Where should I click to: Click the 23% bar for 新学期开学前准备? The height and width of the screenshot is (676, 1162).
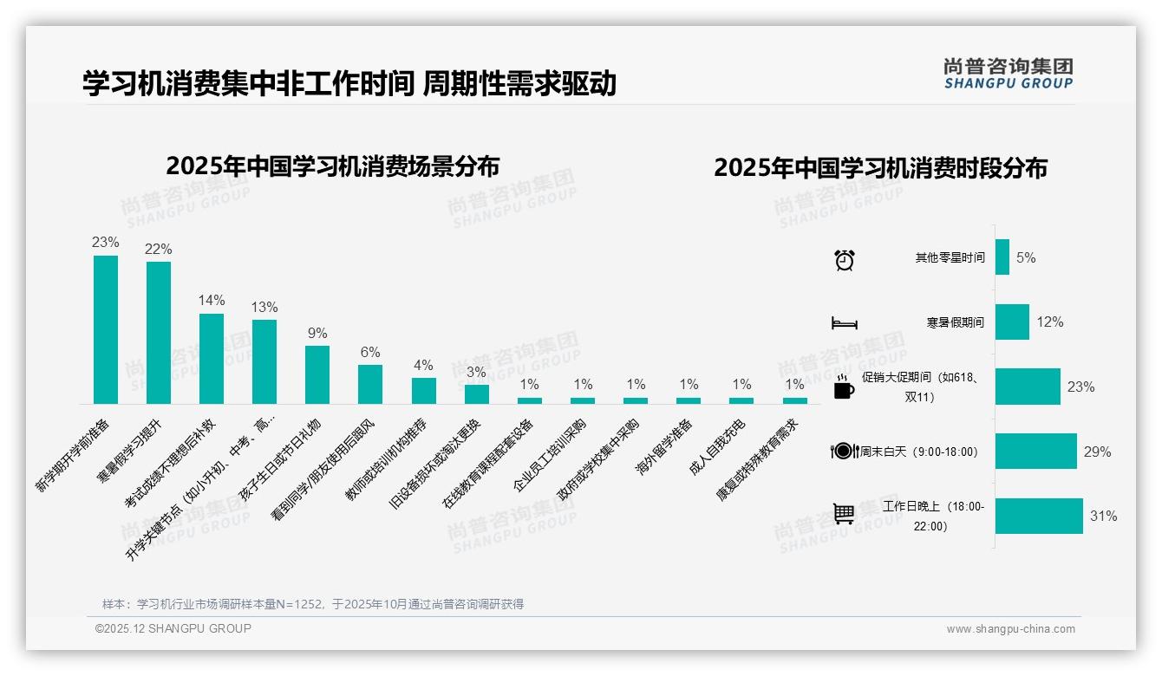(106, 329)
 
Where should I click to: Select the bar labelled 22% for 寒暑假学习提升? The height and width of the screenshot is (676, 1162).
(159, 333)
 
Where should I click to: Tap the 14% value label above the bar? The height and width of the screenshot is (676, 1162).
(212, 301)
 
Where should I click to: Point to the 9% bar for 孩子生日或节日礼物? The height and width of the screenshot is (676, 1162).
(317, 374)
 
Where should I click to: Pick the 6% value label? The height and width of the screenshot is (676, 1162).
(370, 352)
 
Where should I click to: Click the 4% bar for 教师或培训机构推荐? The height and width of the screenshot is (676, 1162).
(423, 391)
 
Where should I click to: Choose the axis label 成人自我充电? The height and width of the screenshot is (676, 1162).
(717, 448)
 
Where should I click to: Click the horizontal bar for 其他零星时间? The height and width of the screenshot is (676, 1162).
(1002, 257)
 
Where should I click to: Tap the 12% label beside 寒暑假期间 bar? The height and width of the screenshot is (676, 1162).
(1050, 322)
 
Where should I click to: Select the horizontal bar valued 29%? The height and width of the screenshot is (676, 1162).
(1036, 452)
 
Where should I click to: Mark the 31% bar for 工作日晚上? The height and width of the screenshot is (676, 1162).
(1039, 516)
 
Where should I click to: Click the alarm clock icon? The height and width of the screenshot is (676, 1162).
(845, 259)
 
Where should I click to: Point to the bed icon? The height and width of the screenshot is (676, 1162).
(845, 323)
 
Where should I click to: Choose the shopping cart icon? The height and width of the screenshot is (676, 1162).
(844, 514)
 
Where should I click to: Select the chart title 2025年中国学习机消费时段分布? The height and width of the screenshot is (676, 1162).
(880, 168)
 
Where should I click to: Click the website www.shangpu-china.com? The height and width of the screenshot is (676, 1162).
(1010, 629)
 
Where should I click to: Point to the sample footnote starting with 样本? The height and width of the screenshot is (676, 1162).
(313, 604)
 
